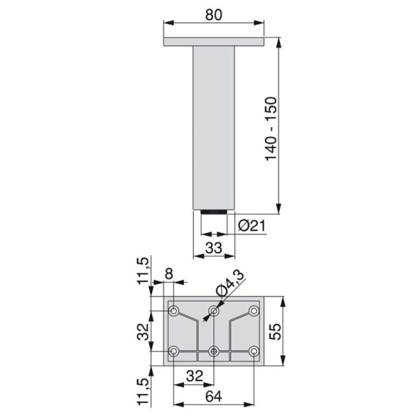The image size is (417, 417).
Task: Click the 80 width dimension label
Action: pyautogui.click(x=214, y=15)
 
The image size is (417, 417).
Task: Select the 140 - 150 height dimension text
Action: pyautogui.click(x=271, y=129)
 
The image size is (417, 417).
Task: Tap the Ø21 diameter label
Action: pyautogui.click(x=252, y=226)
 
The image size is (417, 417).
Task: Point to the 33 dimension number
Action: pyautogui.click(x=214, y=248)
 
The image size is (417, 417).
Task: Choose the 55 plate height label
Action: pyautogui.click(x=275, y=332)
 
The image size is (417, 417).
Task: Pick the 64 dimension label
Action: pyautogui.click(x=214, y=396)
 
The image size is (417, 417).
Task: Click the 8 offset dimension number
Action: pyautogui.click(x=169, y=273)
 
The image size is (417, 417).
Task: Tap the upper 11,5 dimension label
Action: pyautogui.click(x=143, y=271)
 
